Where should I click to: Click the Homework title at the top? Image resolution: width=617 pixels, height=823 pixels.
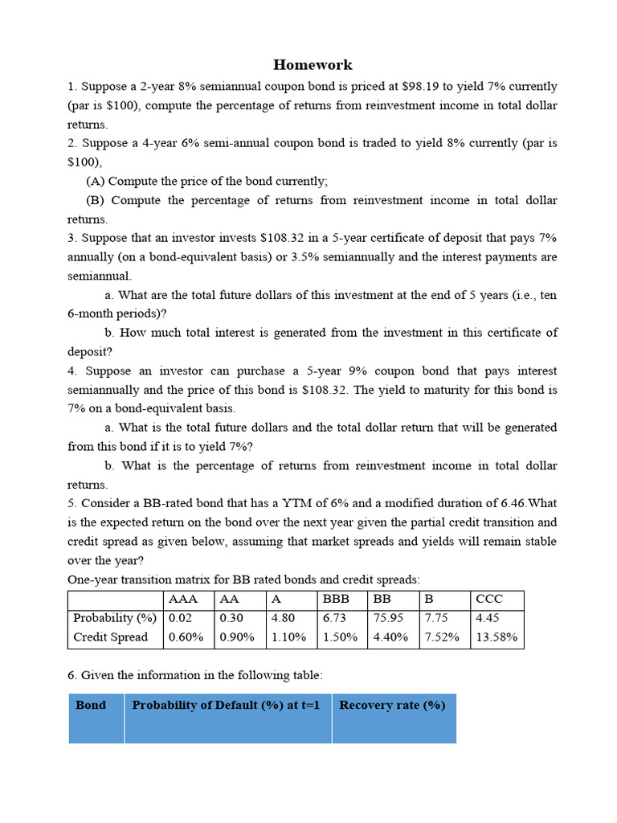313,65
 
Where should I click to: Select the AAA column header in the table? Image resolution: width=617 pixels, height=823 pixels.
182,600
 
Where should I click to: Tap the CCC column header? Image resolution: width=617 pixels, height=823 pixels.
489,600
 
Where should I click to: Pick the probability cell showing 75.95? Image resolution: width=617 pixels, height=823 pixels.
389,618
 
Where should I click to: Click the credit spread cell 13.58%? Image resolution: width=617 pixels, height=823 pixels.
497,637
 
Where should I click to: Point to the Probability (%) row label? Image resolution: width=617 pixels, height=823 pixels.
114,618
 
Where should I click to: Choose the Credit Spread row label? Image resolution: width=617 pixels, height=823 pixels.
111,637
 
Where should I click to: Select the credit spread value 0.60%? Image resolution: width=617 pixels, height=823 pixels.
186,637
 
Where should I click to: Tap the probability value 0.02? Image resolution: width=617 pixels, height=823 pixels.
181,618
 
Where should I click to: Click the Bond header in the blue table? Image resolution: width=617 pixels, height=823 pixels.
91,705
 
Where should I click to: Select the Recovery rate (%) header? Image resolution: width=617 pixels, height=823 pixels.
392,705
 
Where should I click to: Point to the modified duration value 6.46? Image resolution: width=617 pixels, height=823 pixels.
507,504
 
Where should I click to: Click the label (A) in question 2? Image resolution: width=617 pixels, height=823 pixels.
96,181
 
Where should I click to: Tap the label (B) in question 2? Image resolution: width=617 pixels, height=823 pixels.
96,200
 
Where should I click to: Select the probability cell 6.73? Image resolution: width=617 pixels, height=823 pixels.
337,618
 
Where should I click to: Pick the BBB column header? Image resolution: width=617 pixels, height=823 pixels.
337,600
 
